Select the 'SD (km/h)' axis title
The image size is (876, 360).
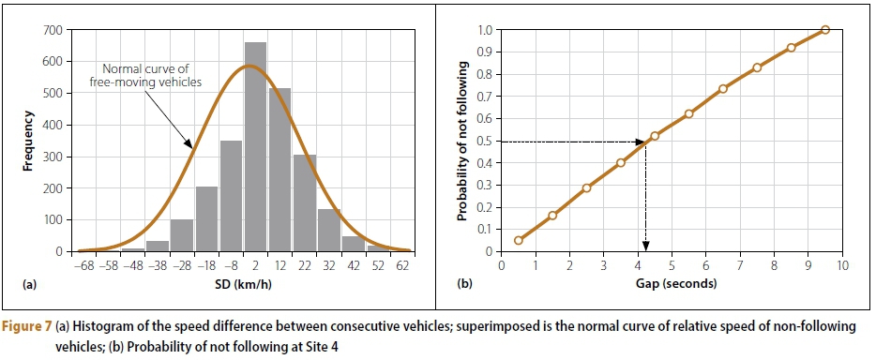tap(248, 283)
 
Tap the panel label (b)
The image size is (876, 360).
tap(466, 282)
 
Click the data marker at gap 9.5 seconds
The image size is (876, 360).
tap(824, 30)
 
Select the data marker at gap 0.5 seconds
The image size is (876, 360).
tap(519, 240)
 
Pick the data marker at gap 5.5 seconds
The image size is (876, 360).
tap(688, 114)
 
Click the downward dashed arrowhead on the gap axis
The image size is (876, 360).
tap(645, 247)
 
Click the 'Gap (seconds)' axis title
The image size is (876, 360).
tap(672, 283)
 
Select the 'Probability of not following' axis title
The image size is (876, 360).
tap(461, 141)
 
